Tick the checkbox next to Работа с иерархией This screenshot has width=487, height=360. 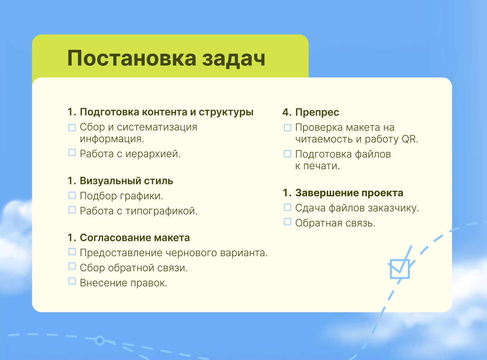(x=72, y=153)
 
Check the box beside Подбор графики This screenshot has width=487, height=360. (x=72, y=195)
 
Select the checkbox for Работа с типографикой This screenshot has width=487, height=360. (x=72, y=210)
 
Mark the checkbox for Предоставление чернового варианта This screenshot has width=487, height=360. (x=72, y=252)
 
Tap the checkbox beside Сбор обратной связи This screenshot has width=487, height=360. (x=72, y=266)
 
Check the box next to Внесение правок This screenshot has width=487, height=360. (x=72, y=281)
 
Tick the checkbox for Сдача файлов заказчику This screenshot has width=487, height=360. (x=287, y=207)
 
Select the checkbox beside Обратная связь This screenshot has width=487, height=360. (x=287, y=222)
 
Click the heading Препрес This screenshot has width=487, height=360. (x=317, y=112)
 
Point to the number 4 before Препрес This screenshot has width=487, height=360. (x=285, y=112)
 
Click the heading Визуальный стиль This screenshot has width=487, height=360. (x=127, y=181)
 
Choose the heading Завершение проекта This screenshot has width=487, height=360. (x=349, y=193)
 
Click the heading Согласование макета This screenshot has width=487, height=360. (x=135, y=238)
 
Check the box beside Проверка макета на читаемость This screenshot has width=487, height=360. (x=287, y=127)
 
